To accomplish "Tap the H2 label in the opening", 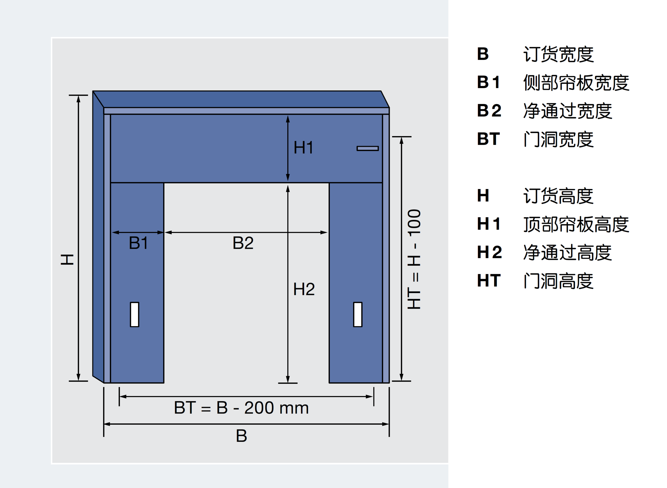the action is tap(304, 289).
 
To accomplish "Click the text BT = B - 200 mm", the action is tap(241, 408).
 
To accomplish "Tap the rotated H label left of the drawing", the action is tap(67, 259).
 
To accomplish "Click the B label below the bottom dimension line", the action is tap(241, 436).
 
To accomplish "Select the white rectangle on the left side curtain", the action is tap(135, 314).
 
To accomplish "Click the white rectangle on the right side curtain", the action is tap(357, 314).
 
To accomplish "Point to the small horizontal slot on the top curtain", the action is tap(368, 148).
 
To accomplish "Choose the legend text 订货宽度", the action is tap(558, 54).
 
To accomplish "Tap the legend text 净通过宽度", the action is tap(568, 111).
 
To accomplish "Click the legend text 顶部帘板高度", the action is tap(576, 224).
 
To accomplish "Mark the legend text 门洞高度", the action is tap(558, 281).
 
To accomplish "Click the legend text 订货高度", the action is tap(558, 196).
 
